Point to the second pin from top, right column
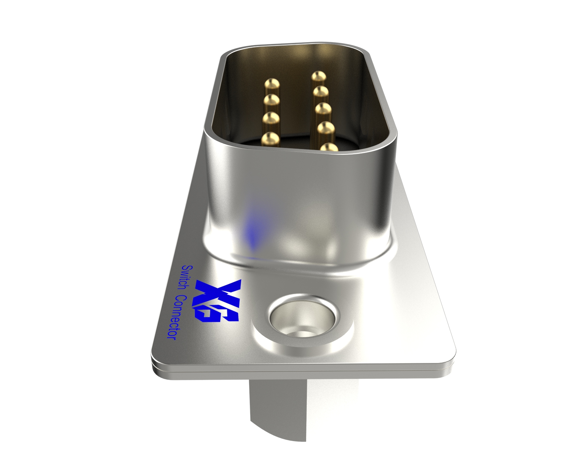point(321,93)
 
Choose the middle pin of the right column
point(322,111)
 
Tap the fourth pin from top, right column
point(325,130)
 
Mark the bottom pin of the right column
point(329,147)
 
